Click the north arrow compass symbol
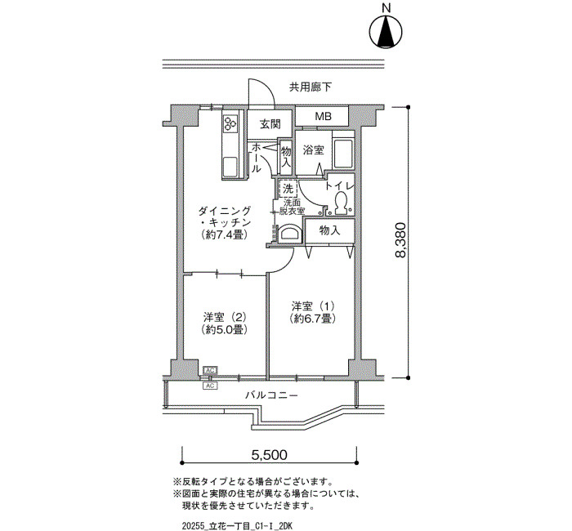[x=386, y=31]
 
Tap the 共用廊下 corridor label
[x=311, y=87]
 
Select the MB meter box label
[x=324, y=116]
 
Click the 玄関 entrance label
[x=270, y=124]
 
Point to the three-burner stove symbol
[x=231, y=123]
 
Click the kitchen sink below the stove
[x=230, y=167]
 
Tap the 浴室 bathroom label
[x=313, y=149]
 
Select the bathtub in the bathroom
[x=343, y=154]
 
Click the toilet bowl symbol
[x=341, y=202]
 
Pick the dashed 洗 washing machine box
[x=288, y=189]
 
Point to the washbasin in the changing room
[x=290, y=234]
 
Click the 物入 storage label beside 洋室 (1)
[x=330, y=230]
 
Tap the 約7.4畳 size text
[x=225, y=235]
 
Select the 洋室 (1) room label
[x=313, y=306]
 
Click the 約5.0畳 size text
[x=225, y=330]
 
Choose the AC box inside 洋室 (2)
[x=210, y=371]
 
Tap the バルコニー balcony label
[x=272, y=395]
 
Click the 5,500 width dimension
[x=270, y=454]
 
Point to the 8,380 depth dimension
[x=400, y=240]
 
